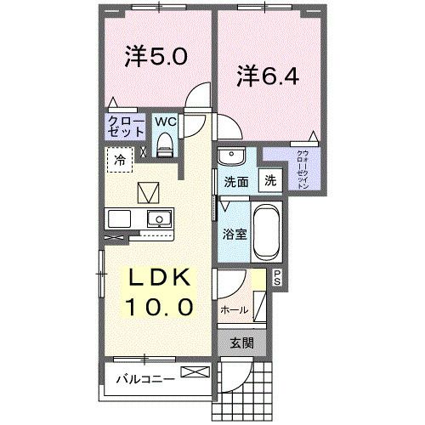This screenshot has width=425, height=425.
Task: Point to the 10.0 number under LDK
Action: click(x=161, y=305)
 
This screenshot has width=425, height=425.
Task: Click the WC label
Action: click(x=165, y=122)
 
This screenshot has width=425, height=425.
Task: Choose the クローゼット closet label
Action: click(x=124, y=127)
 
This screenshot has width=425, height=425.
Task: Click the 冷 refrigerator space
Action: click(x=120, y=158)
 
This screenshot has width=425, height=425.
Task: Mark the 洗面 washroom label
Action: click(x=235, y=181)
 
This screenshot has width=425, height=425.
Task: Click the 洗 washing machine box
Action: click(x=269, y=180)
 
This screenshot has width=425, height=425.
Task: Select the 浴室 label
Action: click(x=235, y=235)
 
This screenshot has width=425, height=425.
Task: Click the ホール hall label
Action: click(x=234, y=311)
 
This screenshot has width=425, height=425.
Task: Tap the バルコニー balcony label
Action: click(x=145, y=377)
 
